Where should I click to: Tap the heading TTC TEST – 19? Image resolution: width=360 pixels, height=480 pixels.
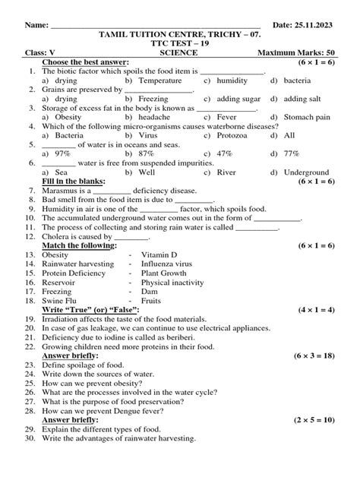click(179, 45)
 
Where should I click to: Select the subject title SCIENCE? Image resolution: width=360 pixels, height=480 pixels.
click(179, 54)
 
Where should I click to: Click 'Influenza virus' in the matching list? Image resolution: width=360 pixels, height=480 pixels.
click(167, 264)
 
